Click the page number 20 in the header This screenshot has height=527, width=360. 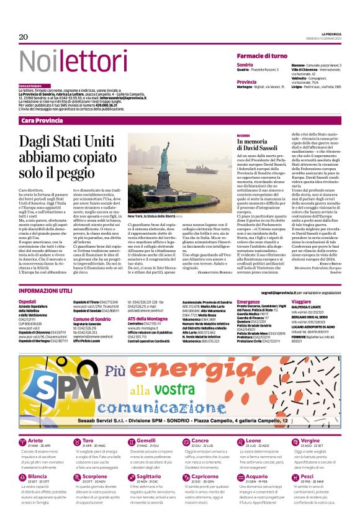coord(24,37)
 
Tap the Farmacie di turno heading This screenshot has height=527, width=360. coord(262,56)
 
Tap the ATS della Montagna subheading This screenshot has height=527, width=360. coord(149,318)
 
